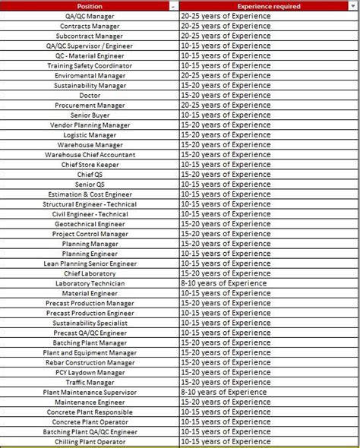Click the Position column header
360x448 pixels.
pyautogui.click(x=90, y=6)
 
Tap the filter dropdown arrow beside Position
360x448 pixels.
pyautogui.click(x=175, y=6)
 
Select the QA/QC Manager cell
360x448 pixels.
pyautogui.click(x=90, y=16)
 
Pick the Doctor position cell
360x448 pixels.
pyautogui.click(x=90, y=95)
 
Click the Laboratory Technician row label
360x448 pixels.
pyautogui.click(x=90, y=283)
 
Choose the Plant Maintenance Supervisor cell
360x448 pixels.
pyautogui.click(x=90, y=392)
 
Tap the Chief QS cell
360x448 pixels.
pyautogui.click(x=90, y=174)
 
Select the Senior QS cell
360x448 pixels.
pyautogui.click(x=90, y=184)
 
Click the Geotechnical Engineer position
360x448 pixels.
pyautogui.click(x=90, y=224)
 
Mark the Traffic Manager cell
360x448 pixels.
pyautogui.click(x=90, y=382)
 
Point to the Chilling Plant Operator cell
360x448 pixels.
pyautogui.click(x=90, y=441)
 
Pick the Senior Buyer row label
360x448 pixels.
pyautogui.click(x=90, y=115)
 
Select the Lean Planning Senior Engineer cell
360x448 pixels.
pyautogui.click(x=90, y=263)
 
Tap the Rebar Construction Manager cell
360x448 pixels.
pyautogui.click(x=90, y=362)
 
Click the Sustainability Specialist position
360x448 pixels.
pyautogui.click(x=90, y=323)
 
